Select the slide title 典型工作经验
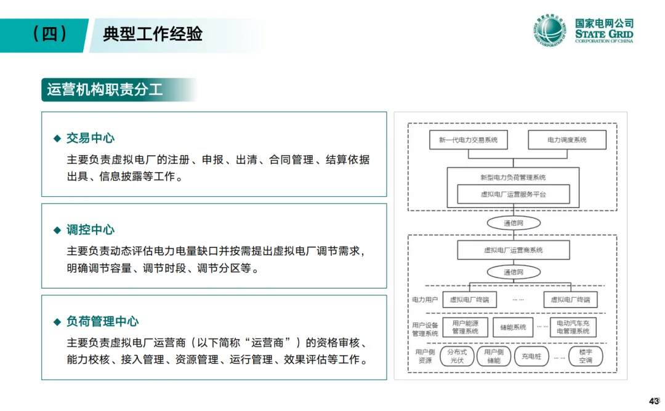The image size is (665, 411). point(153,34)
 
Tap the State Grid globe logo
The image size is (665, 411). point(549,31)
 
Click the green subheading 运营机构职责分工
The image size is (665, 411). point(105,90)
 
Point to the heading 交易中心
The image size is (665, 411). point(91,138)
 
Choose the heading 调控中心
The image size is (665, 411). point(91,230)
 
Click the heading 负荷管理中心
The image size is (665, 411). point(103,321)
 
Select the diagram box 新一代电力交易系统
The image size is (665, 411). point(468,140)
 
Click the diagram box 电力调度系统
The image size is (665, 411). point(567,140)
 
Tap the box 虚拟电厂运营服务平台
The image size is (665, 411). point(513,194)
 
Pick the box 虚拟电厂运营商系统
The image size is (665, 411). point(513,250)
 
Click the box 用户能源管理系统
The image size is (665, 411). point(465,327)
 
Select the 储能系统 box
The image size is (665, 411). point(513,327)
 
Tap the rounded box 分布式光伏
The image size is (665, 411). point(456,356)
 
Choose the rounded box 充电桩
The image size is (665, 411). point(531,356)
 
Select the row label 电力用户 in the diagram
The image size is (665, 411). point(425,300)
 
